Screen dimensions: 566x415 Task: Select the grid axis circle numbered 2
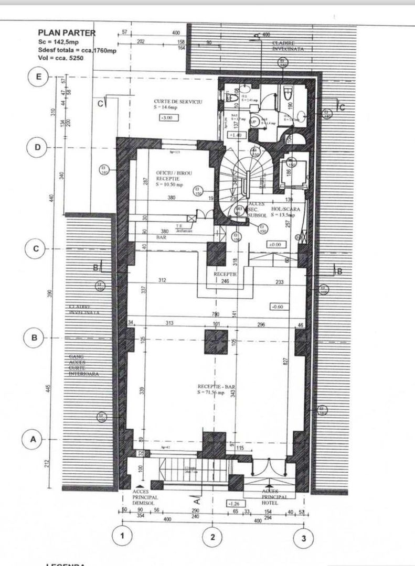[212, 536]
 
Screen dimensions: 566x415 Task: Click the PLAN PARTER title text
[67, 32]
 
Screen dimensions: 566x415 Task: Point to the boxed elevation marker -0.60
[277, 306]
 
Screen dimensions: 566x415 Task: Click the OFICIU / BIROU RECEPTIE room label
[169, 179]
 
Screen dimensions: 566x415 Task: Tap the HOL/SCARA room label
[284, 212]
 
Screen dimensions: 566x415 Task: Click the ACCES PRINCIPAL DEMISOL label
[146, 497]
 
